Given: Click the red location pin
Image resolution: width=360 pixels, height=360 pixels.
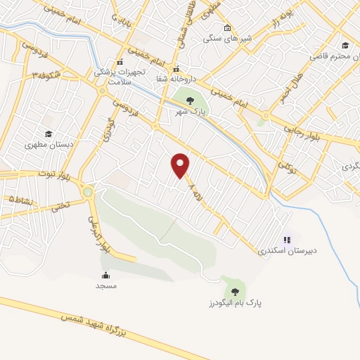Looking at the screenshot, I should [181, 165].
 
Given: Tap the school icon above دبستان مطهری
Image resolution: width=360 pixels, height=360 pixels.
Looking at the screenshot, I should [49, 134].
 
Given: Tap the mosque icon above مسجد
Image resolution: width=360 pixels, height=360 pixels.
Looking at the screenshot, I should [105, 275].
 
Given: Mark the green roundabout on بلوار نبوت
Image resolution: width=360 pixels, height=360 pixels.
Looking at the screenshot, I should [88, 191].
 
